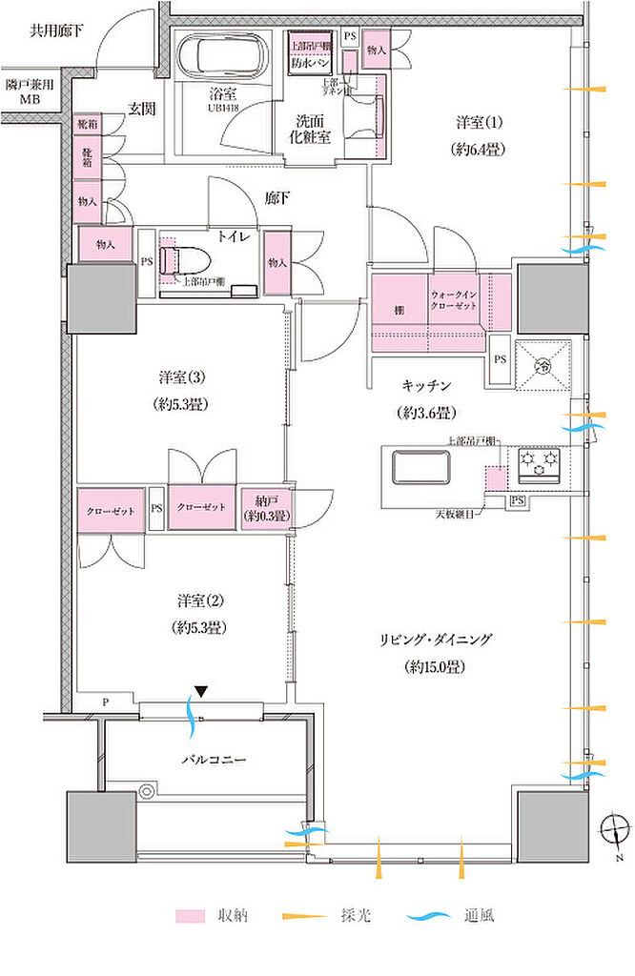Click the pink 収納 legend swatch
point(189,916)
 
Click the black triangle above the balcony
point(198,691)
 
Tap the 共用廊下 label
point(56,30)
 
